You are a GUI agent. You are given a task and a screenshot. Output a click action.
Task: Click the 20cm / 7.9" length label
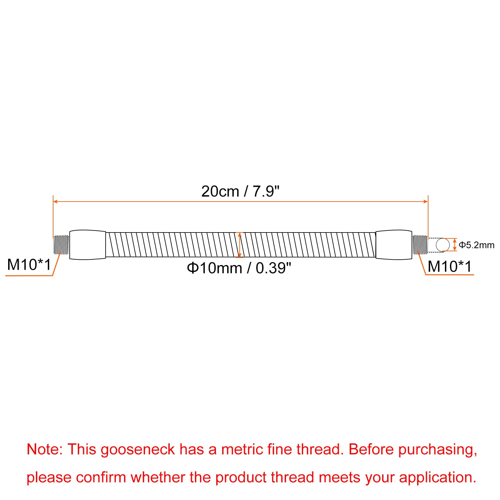click(240, 191)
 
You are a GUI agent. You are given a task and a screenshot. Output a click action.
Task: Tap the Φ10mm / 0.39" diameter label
click(239, 268)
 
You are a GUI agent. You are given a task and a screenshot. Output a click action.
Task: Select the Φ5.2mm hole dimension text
click(477, 245)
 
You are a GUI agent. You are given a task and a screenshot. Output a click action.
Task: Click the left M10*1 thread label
click(29, 265)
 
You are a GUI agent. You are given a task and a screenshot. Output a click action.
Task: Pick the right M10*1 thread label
click(450, 267)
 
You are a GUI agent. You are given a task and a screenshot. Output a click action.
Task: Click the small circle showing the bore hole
click(442, 245)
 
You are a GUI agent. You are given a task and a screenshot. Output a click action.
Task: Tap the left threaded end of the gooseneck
click(61, 245)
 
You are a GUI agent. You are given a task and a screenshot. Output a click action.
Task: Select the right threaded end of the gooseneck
click(420, 245)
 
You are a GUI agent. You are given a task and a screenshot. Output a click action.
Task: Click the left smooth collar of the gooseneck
click(87, 245)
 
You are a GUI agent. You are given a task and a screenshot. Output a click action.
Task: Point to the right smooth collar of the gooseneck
click(394, 245)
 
